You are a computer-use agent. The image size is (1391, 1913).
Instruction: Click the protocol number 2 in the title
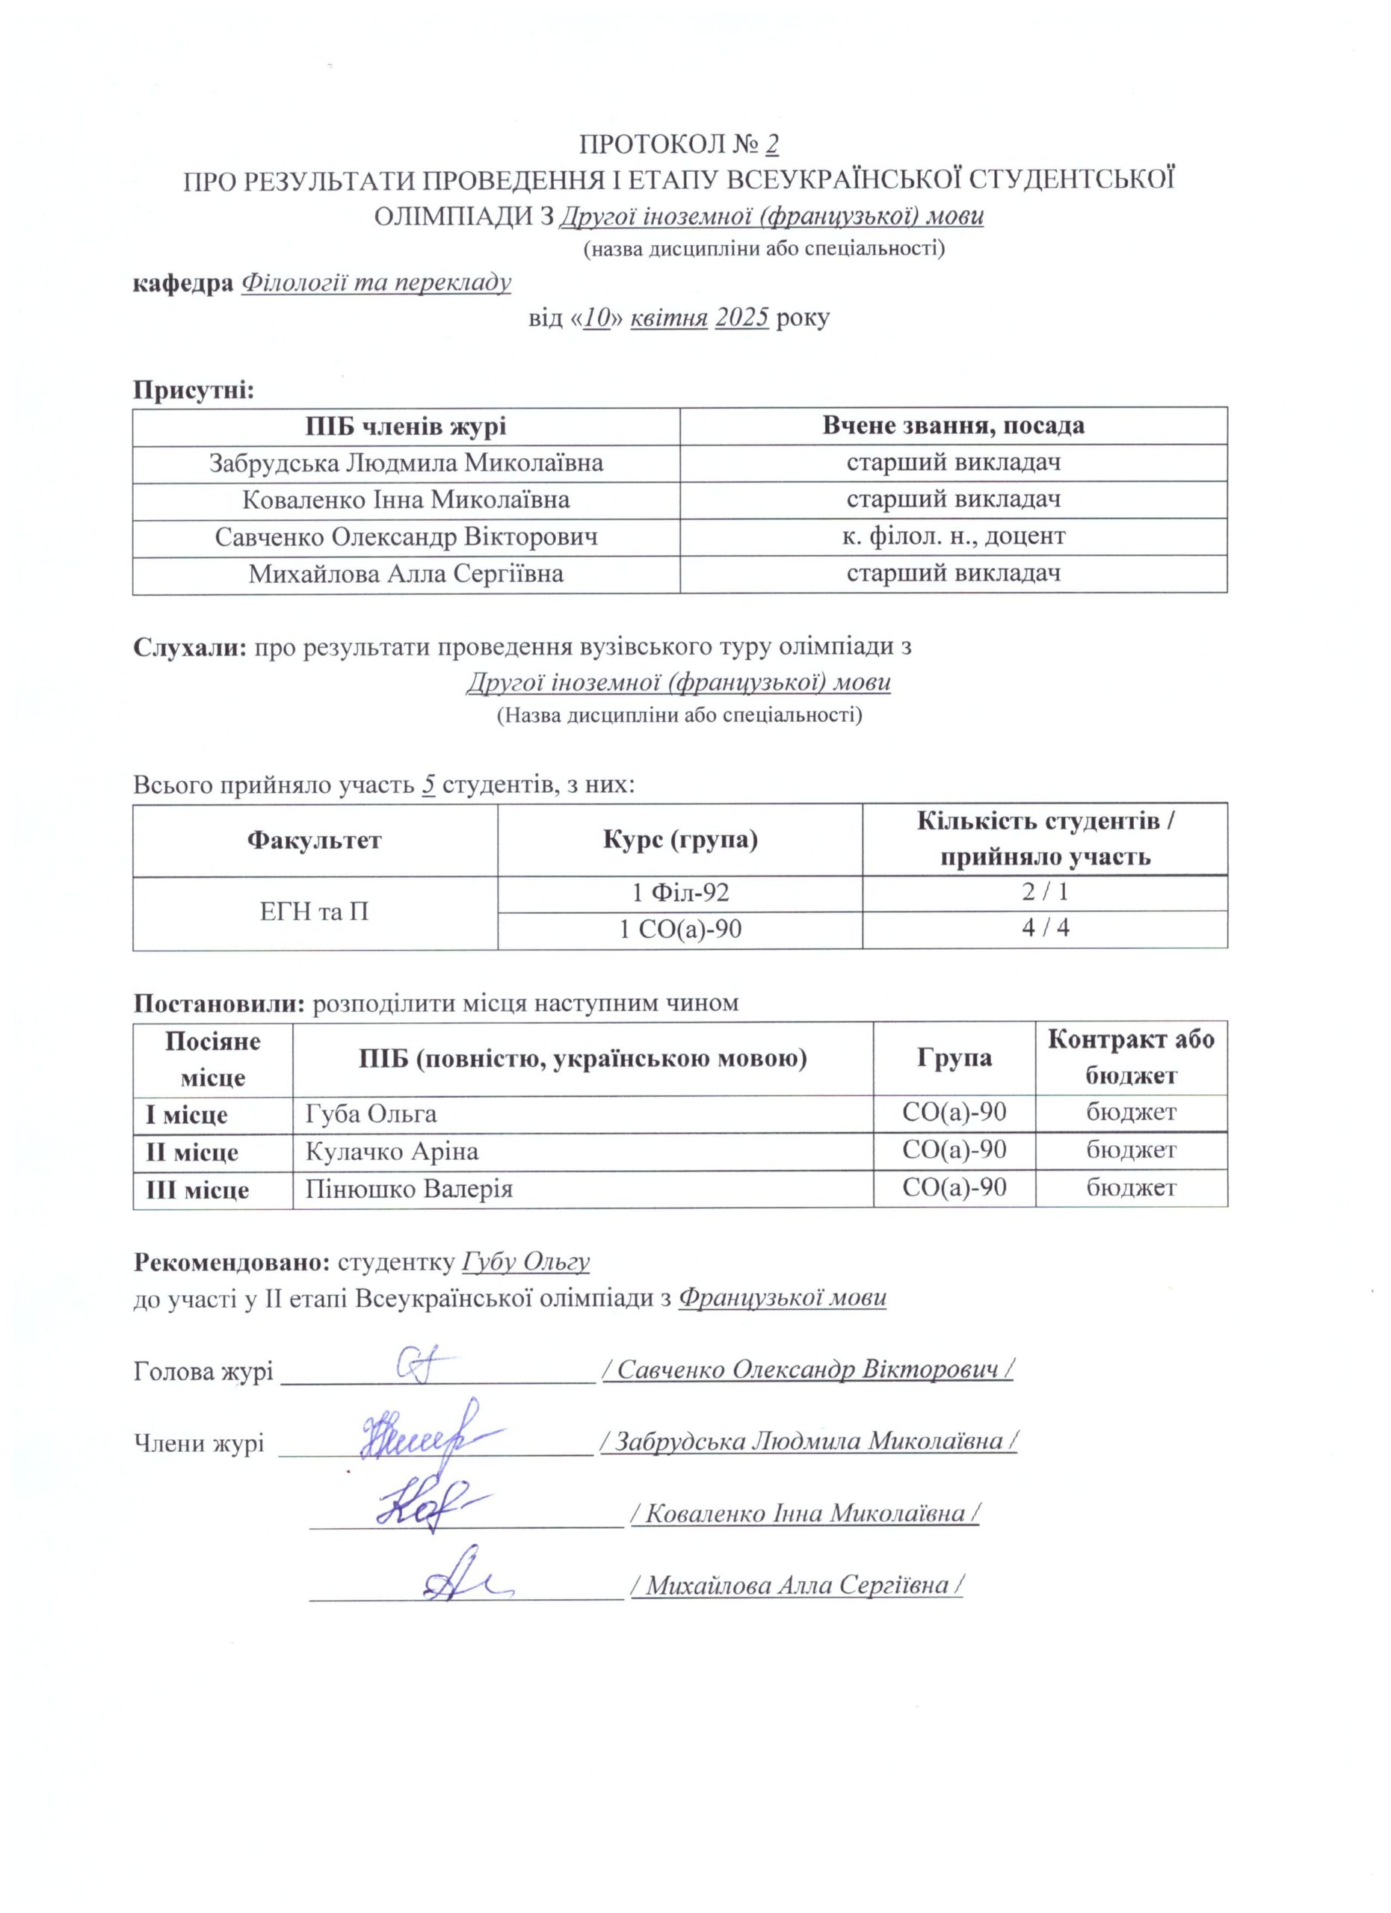point(771,145)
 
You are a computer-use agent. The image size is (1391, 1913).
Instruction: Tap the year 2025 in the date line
point(741,318)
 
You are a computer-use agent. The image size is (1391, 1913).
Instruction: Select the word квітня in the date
point(669,318)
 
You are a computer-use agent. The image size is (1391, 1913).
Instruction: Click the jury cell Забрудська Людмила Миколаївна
point(406,463)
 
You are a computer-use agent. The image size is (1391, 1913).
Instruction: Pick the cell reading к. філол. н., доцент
point(953,537)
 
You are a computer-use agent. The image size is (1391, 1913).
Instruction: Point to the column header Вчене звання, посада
point(953,426)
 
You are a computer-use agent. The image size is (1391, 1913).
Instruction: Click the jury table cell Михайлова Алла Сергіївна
point(406,575)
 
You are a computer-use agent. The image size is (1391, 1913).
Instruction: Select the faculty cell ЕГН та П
point(315,912)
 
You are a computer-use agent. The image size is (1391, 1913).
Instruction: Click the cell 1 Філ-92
point(680,892)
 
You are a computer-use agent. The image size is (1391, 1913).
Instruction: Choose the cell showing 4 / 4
point(1045,929)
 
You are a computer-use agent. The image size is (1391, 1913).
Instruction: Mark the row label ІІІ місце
point(197,1190)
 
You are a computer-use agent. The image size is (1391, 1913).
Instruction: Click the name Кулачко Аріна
point(392,1152)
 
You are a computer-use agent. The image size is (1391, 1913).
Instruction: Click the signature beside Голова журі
point(422,1365)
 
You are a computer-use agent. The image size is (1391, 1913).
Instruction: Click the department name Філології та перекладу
point(376,282)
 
